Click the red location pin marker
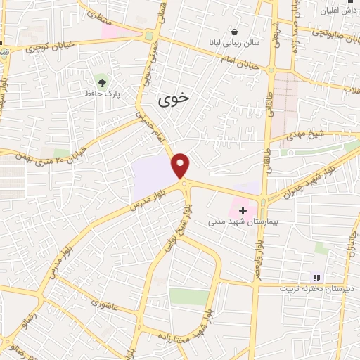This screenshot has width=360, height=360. click(x=181, y=165)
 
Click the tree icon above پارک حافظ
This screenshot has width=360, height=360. click(x=103, y=82)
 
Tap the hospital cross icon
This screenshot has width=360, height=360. click(x=243, y=210)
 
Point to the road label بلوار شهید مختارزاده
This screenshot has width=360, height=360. click(x=211, y=325)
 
